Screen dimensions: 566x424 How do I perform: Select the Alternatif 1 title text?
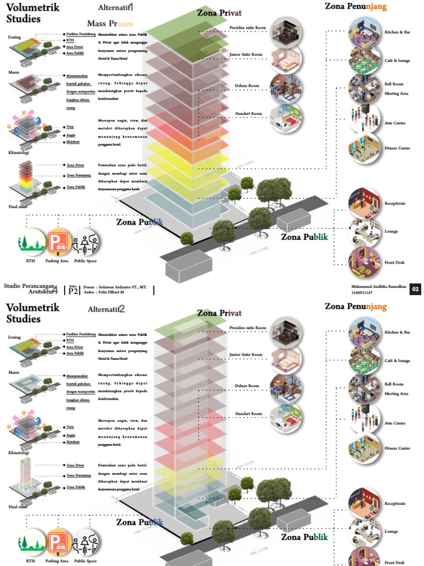pyautogui.click(x=116, y=8)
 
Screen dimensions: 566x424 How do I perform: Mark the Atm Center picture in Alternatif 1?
pyautogui.click(x=364, y=119)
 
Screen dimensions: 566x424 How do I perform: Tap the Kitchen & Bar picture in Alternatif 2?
pyautogui.click(x=364, y=331)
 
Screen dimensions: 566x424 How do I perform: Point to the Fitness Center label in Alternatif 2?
pyautogui.click(x=397, y=448)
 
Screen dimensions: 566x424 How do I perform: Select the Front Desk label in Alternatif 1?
pyautogui.click(x=395, y=262)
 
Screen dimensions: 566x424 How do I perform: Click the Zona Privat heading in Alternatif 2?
pyautogui.click(x=219, y=313)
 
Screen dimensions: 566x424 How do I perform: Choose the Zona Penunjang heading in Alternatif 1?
pyautogui.click(x=356, y=7)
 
